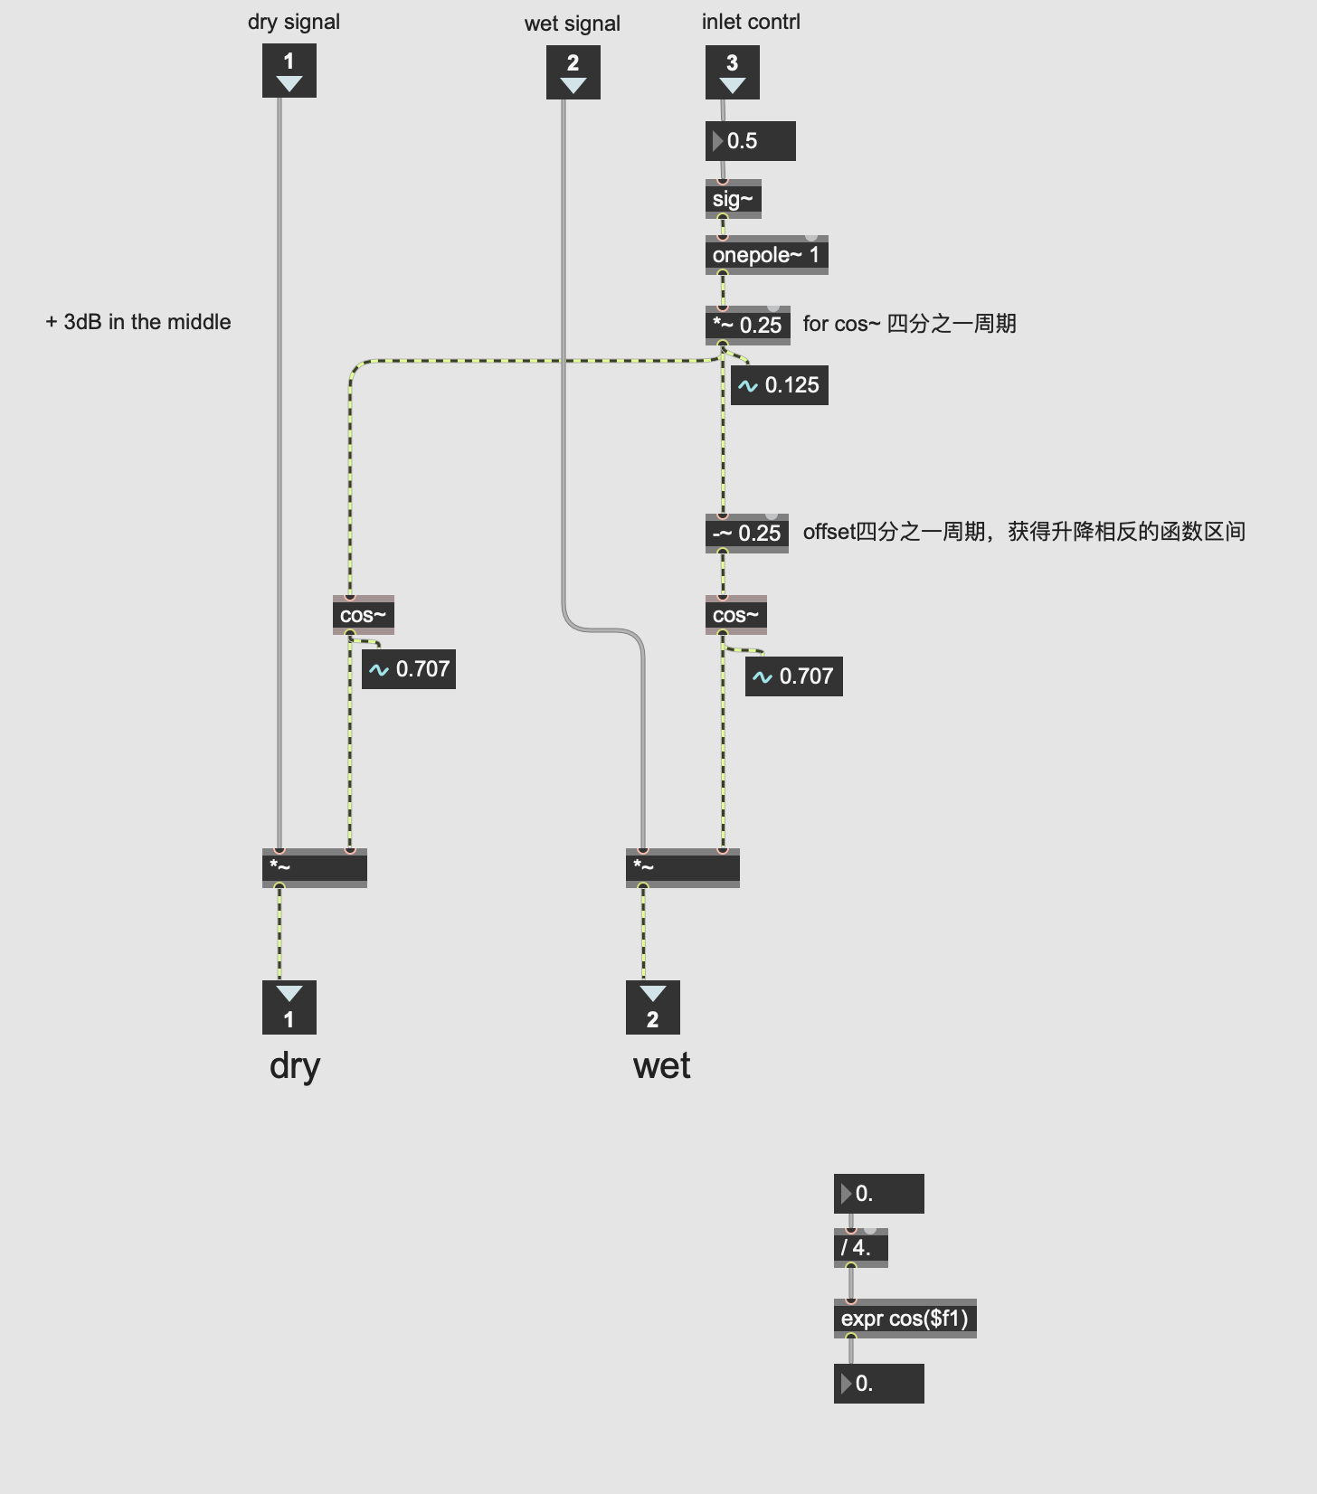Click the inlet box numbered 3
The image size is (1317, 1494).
coord(732,72)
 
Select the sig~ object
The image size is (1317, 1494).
coord(733,199)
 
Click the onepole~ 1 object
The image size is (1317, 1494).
coord(766,255)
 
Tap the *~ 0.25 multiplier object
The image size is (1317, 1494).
coord(747,325)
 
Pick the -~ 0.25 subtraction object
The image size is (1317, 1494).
coord(746,533)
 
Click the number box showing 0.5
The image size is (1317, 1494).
coord(750,141)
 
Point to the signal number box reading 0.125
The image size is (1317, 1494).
coord(779,385)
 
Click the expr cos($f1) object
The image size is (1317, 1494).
coord(905,1319)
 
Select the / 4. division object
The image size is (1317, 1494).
coord(860,1248)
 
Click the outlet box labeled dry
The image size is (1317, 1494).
coord(289,1007)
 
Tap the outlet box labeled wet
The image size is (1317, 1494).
coord(652,1007)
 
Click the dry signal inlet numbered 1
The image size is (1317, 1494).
coord(289,72)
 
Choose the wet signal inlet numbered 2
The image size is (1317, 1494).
coord(573,73)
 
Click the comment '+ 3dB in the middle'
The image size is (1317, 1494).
coord(138,322)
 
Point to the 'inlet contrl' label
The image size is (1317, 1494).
coord(751,22)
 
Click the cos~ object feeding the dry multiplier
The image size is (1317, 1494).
coord(363,615)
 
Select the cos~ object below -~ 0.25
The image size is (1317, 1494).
coord(735,615)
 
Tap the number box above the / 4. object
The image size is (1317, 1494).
coord(878,1194)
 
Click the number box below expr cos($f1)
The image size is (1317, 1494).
coord(878,1384)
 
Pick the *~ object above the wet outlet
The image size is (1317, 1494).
coord(682,867)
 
